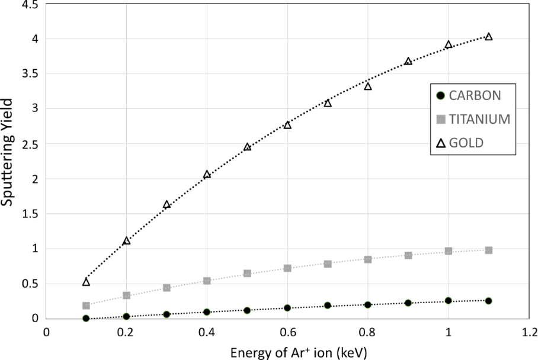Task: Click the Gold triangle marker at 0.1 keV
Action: (x=86, y=282)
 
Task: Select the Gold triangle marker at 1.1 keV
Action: (x=489, y=37)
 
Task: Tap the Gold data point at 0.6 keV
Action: (x=287, y=125)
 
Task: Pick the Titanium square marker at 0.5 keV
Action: (x=247, y=274)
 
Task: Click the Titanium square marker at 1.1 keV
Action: (x=489, y=250)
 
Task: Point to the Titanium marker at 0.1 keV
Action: (x=86, y=306)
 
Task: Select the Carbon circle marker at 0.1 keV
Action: (x=86, y=319)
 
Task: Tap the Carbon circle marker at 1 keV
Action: (x=449, y=301)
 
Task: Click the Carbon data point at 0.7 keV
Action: (x=328, y=306)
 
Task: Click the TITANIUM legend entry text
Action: (x=480, y=119)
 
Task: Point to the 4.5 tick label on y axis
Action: (x=30, y=5)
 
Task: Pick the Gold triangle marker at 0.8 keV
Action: (x=368, y=86)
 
